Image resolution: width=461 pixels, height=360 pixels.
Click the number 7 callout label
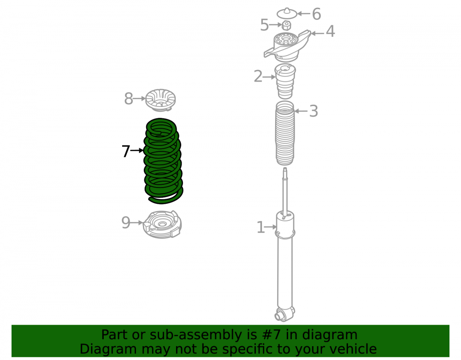click(x=126, y=151)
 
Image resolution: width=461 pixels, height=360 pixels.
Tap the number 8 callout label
click(x=129, y=99)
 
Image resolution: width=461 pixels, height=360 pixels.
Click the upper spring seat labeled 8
click(x=160, y=100)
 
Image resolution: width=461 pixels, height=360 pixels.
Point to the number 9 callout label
click(x=126, y=223)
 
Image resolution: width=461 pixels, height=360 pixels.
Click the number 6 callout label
click(x=316, y=14)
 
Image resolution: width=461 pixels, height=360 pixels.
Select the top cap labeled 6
click(x=287, y=13)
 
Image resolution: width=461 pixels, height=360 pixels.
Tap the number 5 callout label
click(x=264, y=25)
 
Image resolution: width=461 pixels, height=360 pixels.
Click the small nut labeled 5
click(x=287, y=25)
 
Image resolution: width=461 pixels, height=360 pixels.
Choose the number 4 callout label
click(x=331, y=31)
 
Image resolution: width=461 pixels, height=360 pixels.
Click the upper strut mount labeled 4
click(x=287, y=46)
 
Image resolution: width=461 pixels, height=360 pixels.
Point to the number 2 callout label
click(x=258, y=77)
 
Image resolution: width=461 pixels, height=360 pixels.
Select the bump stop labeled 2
click(x=285, y=81)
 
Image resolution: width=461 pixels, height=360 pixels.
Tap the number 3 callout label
click(x=313, y=111)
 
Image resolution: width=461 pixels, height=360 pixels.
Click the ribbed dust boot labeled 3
click(x=285, y=133)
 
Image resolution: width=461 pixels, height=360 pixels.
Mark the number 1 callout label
click(x=261, y=227)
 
